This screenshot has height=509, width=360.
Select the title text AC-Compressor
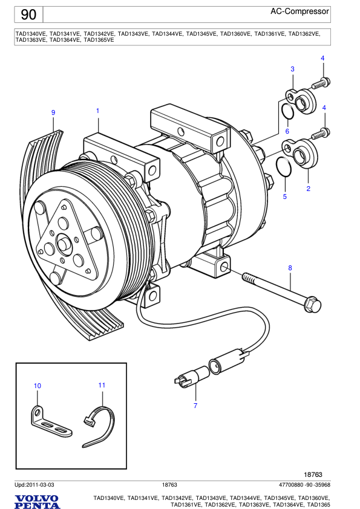pos(299,11)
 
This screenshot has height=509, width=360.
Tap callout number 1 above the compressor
pos(97,111)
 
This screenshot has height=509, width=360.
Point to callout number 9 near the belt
pos(53,112)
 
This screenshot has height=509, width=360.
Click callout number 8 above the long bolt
pos(290,268)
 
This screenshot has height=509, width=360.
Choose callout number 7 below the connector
pos(195,406)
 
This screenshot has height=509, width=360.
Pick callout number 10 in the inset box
pos(38,386)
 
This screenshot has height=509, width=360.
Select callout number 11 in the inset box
pos(102,385)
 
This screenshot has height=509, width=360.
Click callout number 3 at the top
pos(292,69)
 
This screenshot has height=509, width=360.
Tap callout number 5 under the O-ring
pos(285,196)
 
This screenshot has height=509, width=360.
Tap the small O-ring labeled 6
pos(289,112)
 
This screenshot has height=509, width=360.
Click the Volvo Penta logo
pos(38,501)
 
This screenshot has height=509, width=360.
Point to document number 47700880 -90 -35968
pos(304,485)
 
